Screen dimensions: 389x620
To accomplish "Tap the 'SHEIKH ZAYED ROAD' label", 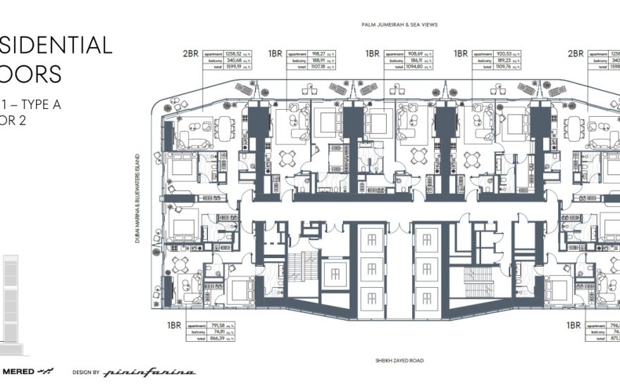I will [400, 360].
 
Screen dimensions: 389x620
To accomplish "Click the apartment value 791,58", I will [218, 326].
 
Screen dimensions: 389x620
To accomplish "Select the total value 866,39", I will [218, 339].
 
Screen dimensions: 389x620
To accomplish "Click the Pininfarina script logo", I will [150, 371].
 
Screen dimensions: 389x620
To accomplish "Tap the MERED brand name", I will [20, 371].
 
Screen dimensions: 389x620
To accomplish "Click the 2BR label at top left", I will [191, 53].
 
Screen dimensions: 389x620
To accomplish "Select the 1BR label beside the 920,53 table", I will [461, 53].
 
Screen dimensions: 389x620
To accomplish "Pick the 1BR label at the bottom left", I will [175, 326].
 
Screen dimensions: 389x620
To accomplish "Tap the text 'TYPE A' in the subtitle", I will [41, 104].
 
